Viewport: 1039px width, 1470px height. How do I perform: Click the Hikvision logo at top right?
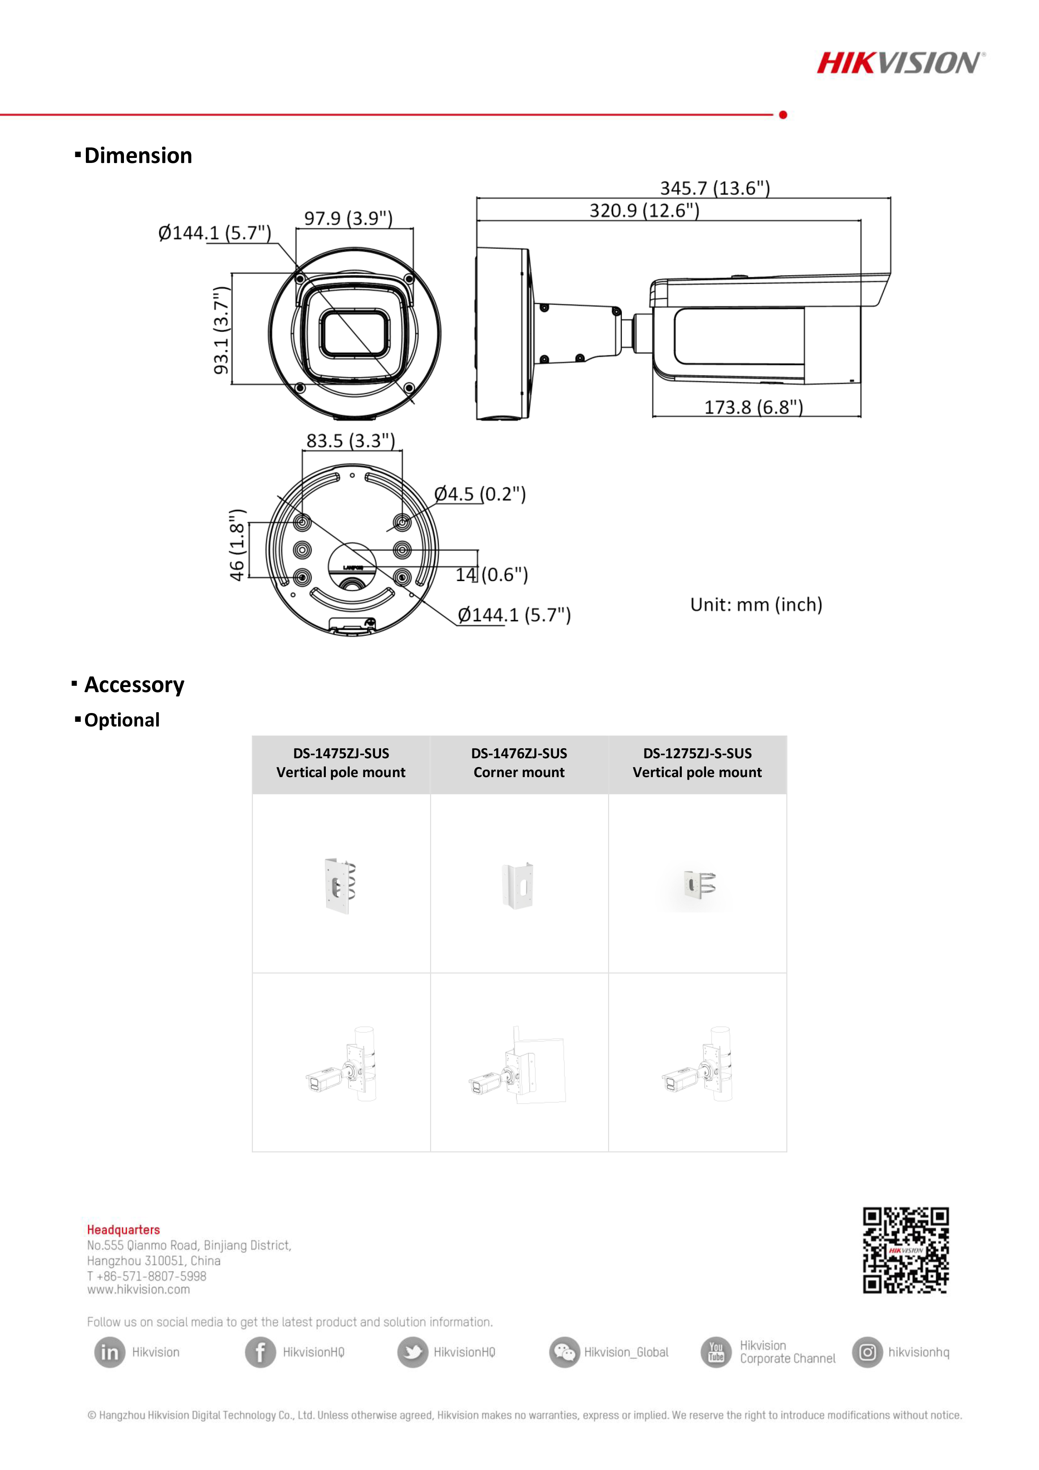coord(901,63)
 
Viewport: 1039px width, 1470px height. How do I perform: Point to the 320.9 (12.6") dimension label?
coord(644,211)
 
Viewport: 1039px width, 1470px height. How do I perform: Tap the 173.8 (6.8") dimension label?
coord(753,407)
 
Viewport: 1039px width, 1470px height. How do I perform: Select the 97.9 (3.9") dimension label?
coord(348,218)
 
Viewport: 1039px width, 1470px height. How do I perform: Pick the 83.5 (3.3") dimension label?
coord(351,440)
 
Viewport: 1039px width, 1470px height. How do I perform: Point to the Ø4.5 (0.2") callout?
coord(480,494)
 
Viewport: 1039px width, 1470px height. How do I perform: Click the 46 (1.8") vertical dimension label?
coord(237,545)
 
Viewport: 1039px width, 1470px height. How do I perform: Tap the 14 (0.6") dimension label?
coord(492,574)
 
